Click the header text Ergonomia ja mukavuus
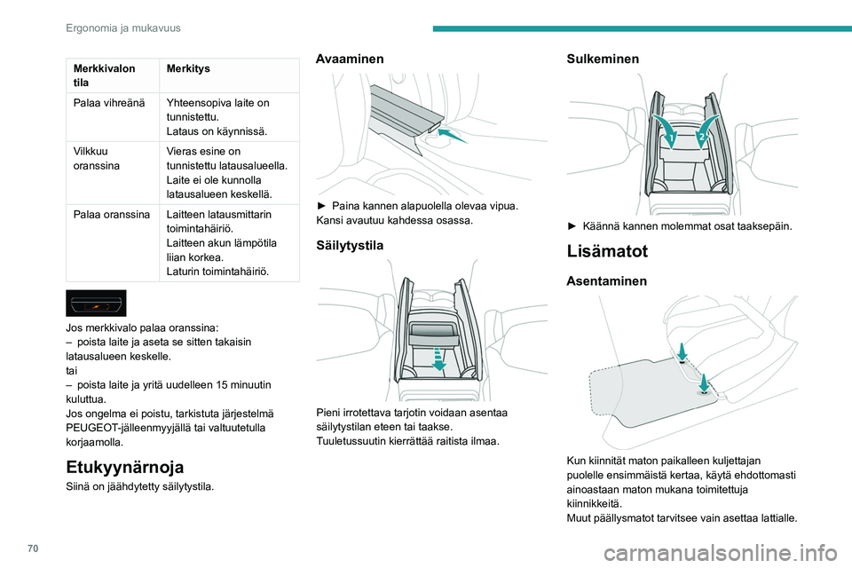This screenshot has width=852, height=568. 123,28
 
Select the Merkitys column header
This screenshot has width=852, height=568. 185,68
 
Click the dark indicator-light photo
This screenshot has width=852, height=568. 96,304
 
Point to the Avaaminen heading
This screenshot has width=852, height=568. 351,58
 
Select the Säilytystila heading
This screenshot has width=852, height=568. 351,245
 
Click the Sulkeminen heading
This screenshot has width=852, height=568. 603,58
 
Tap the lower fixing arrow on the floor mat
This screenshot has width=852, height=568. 703,382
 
